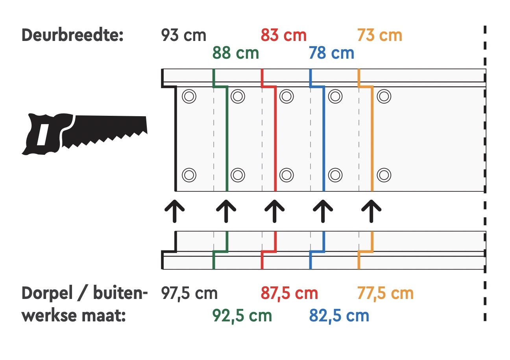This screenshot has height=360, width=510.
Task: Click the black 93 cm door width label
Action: (183, 35)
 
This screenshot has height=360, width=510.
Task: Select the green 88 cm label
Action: (236, 52)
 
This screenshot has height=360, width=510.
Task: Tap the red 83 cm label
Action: (283, 35)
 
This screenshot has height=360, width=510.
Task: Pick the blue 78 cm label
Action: (331, 52)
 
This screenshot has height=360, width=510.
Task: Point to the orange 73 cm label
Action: (380, 35)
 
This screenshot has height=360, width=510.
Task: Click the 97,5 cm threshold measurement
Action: (189, 293)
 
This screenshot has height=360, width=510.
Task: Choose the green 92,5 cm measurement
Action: (242, 315)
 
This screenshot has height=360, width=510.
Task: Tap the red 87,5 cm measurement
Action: (289, 293)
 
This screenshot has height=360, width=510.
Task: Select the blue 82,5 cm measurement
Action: (339, 315)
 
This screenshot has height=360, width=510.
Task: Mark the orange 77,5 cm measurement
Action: (386, 293)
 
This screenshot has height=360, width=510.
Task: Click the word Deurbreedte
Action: (73, 35)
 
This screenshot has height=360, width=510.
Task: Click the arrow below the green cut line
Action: (227, 211)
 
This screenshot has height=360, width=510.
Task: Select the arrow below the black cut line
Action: (175, 211)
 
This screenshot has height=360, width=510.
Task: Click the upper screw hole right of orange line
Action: (384, 96)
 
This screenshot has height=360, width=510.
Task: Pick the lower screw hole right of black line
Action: (189, 174)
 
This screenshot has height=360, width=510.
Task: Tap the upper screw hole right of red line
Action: (287, 96)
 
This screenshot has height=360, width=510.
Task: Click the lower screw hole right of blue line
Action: (335, 174)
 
